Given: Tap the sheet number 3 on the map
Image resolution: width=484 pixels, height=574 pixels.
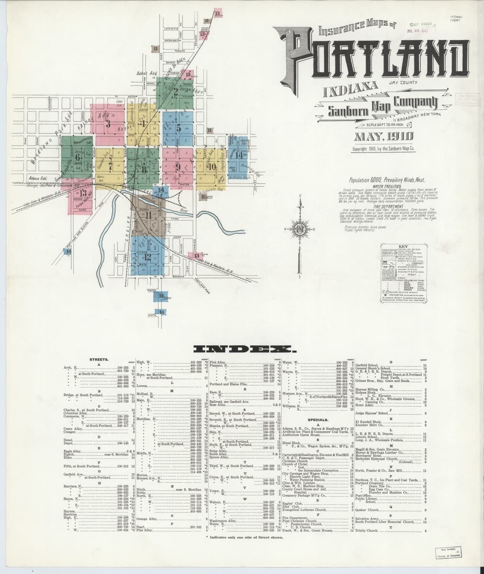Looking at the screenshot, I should point(108,124).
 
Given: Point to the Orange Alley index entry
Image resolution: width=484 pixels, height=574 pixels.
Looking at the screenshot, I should point(147,519).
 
